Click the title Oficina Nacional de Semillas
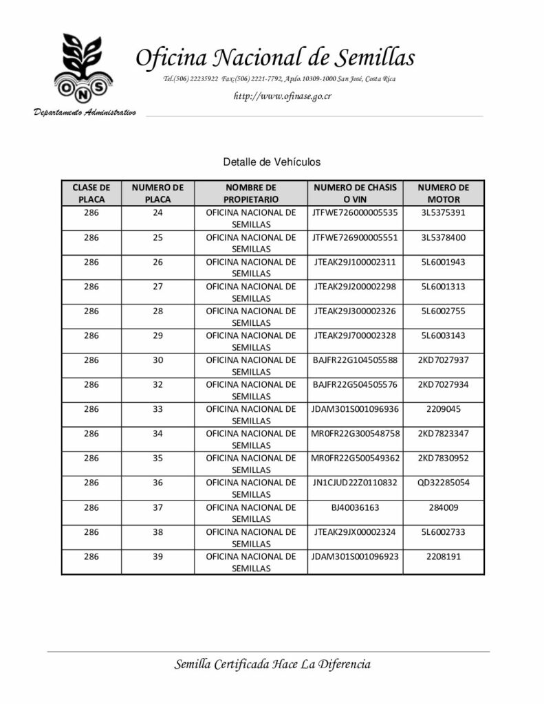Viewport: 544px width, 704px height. click(x=275, y=58)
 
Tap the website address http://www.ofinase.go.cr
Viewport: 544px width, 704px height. click(x=283, y=96)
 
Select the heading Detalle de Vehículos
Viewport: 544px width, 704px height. click(x=272, y=162)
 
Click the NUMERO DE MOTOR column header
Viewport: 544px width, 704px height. click(x=443, y=193)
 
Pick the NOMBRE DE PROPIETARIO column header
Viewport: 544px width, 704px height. click(x=250, y=193)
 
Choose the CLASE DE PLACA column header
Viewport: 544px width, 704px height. click(x=91, y=193)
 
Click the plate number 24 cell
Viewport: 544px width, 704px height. click(x=157, y=212)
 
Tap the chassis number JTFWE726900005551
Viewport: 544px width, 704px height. click(x=355, y=237)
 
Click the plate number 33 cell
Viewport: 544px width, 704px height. click(x=157, y=408)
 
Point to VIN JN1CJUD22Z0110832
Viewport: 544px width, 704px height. click(x=355, y=483)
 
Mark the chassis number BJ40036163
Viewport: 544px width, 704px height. click(x=355, y=507)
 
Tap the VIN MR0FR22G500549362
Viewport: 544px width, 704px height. click(x=355, y=458)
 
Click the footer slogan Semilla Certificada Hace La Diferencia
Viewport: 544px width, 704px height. click(x=272, y=664)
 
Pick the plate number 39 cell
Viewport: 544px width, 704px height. click(x=157, y=556)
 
